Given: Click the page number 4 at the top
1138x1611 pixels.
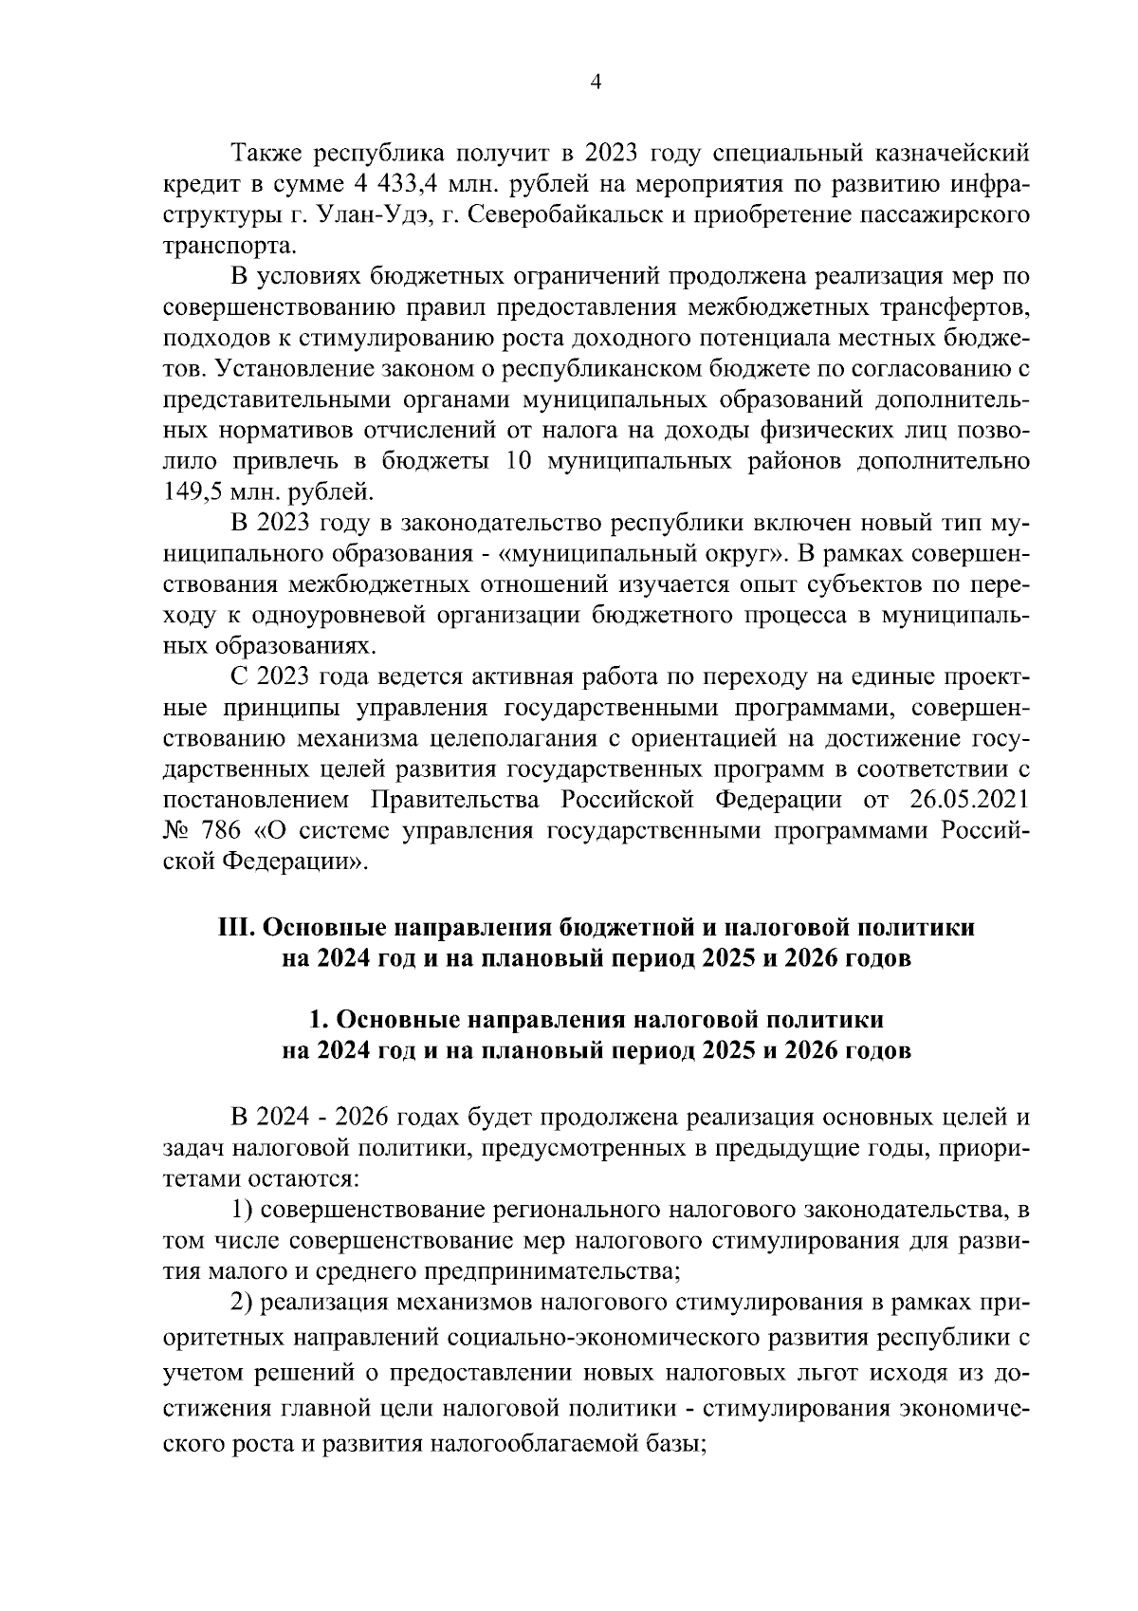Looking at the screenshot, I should click(x=596, y=83).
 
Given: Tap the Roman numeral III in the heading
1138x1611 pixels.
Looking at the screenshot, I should click(x=236, y=927).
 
